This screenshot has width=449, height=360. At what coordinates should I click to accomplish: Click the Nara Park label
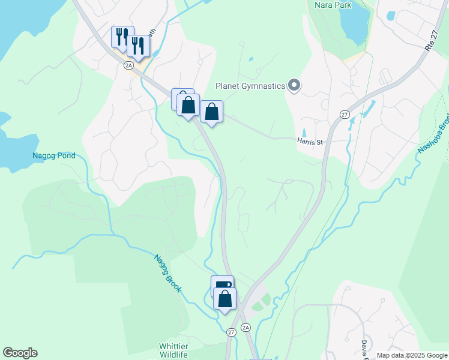[x=333, y=5]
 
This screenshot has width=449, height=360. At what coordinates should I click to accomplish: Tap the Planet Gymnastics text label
[x=251, y=86]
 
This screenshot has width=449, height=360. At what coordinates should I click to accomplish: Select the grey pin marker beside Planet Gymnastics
[x=294, y=86]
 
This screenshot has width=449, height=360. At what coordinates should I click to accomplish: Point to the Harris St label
[x=310, y=142]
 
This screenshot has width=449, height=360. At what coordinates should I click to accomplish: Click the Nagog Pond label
[x=54, y=155]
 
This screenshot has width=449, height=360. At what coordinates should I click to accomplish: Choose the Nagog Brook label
[x=167, y=273]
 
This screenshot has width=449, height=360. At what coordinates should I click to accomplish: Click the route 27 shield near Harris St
[x=344, y=114]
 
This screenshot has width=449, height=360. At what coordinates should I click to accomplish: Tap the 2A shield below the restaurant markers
[x=128, y=65]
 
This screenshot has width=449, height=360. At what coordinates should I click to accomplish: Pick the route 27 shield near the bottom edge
[x=231, y=332]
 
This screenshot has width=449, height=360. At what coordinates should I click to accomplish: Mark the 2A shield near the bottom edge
[x=245, y=327]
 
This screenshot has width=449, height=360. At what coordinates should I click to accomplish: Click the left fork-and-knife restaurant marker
[x=121, y=36]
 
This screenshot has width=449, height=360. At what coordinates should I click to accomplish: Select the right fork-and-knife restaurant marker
[x=138, y=46]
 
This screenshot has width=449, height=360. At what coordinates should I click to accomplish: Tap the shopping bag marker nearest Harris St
[x=211, y=112]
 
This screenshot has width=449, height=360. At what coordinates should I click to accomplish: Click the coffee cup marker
[x=221, y=286]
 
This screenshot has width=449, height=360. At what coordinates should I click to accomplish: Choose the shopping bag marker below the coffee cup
[x=225, y=298]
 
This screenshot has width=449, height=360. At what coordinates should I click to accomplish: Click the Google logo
[x=20, y=353]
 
